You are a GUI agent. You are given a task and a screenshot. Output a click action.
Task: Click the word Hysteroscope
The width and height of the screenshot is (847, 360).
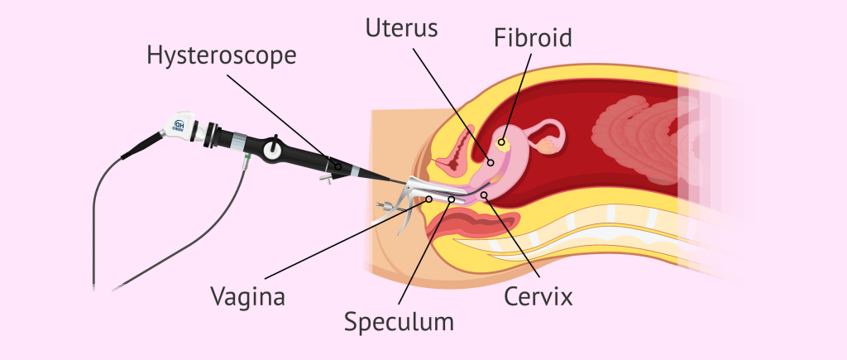(221, 56)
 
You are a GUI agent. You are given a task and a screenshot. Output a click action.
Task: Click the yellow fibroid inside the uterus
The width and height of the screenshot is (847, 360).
(501, 143)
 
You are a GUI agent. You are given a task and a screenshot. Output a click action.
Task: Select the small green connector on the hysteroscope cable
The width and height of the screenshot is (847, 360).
(246, 158)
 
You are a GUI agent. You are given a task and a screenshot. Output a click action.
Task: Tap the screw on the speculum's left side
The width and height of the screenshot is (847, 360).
(381, 205)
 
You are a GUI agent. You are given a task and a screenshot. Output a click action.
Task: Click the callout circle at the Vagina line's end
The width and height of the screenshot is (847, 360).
(428, 199)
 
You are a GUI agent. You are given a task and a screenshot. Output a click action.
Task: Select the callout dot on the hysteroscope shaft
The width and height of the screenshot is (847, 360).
(337, 167)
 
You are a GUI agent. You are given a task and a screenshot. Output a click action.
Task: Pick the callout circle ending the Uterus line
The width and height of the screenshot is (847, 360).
(490, 162)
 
